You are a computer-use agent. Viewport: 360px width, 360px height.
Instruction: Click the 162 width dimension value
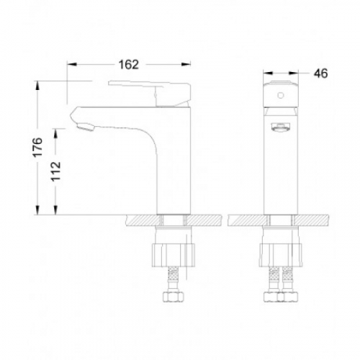tap(129, 65)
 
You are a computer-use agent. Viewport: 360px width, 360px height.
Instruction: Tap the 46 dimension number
tap(320, 73)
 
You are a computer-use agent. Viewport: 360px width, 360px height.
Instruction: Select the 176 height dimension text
tap(37, 148)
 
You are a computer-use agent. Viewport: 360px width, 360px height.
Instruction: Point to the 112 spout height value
tap(56, 171)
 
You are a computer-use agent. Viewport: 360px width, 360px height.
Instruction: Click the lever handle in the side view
tap(149, 93)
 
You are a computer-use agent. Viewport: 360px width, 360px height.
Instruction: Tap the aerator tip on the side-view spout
tap(85, 127)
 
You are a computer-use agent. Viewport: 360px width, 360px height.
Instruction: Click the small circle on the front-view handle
tap(281, 95)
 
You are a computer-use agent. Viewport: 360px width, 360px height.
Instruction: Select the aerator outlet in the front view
tap(281, 127)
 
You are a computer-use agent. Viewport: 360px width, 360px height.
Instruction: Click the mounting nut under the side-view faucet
tap(173, 255)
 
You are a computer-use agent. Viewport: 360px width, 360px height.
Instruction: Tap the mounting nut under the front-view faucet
tap(280, 255)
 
